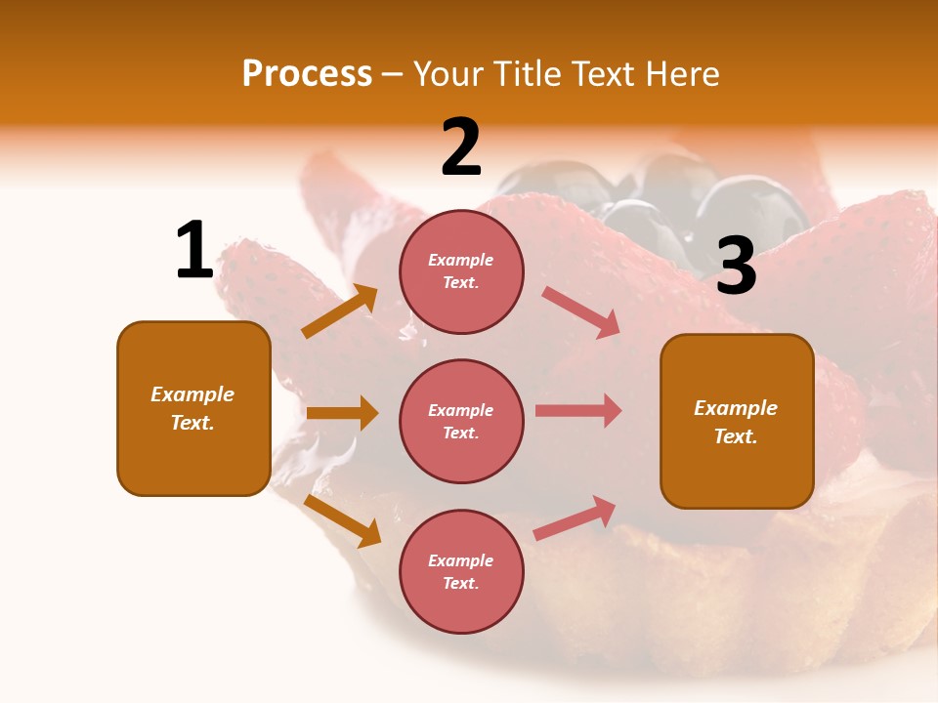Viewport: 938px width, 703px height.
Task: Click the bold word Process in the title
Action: coord(307,74)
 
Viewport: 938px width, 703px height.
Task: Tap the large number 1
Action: coord(194,250)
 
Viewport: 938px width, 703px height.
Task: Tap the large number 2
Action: coord(461,147)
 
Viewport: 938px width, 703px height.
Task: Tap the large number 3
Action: coord(736,266)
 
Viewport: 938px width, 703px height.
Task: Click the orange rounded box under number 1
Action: coord(193,408)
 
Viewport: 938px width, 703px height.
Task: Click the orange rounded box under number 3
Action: coord(737,421)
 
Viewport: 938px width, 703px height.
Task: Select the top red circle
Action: coord(461,270)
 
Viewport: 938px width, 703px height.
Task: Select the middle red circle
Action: coord(461,421)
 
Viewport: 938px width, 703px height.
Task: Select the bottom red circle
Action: coord(461,571)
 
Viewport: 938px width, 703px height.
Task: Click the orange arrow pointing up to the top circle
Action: coord(340,311)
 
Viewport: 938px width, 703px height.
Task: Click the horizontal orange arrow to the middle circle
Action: coord(342,413)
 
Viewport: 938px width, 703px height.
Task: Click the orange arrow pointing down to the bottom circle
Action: coord(342,520)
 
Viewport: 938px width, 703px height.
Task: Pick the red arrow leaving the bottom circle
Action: coord(576,517)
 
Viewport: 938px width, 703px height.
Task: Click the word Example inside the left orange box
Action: coord(192,394)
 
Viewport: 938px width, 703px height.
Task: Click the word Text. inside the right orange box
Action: coord(736,436)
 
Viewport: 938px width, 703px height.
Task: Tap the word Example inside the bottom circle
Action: coord(460,560)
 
